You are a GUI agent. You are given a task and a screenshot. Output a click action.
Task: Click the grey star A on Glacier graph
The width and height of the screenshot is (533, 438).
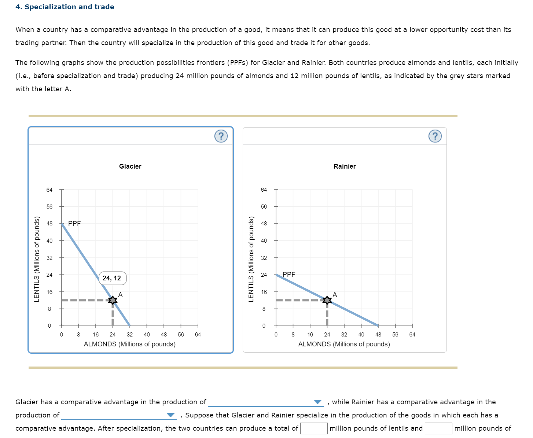[113, 300]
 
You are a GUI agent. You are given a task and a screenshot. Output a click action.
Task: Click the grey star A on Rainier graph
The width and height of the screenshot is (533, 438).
[327, 300]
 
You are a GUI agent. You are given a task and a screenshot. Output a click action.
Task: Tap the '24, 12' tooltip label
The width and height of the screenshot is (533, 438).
[112, 278]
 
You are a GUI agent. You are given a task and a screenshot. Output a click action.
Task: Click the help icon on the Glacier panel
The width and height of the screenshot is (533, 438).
[221, 136]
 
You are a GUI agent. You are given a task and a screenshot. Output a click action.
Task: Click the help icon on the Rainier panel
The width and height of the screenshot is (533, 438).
[435, 136]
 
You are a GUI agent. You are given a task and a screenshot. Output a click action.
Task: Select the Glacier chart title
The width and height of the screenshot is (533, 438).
[130, 166]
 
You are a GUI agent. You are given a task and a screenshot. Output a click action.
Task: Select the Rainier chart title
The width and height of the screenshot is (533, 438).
[345, 166]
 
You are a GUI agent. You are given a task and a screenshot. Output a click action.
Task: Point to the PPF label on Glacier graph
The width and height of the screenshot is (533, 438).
[74, 223]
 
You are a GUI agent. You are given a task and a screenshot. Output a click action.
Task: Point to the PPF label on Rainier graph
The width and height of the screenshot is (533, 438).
[289, 274]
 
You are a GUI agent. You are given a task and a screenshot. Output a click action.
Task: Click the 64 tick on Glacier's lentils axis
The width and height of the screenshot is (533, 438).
[49, 190]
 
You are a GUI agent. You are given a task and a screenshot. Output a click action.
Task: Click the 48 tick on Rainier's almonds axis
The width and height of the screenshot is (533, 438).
[378, 334]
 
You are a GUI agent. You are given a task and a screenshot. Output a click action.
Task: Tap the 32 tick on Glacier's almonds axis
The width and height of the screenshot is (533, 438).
[130, 334]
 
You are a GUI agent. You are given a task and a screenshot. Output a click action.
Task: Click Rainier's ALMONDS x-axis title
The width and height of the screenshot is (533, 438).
[344, 344]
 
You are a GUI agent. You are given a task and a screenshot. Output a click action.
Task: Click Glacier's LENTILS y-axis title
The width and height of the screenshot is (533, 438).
[37, 259]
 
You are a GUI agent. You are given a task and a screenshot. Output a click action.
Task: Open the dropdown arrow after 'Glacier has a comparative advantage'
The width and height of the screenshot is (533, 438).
[317, 402]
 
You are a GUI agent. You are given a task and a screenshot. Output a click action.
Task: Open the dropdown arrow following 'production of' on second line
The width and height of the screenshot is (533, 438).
[170, 415]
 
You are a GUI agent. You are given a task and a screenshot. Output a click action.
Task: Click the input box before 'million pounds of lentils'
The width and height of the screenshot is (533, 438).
[314, 428]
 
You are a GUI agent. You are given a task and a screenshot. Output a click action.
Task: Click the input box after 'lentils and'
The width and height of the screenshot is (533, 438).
[438, 428]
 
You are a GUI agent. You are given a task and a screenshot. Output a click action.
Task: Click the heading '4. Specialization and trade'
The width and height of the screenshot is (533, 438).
[65, 7]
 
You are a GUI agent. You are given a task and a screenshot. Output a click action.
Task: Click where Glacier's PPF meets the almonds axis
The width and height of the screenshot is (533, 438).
[129, 325]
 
